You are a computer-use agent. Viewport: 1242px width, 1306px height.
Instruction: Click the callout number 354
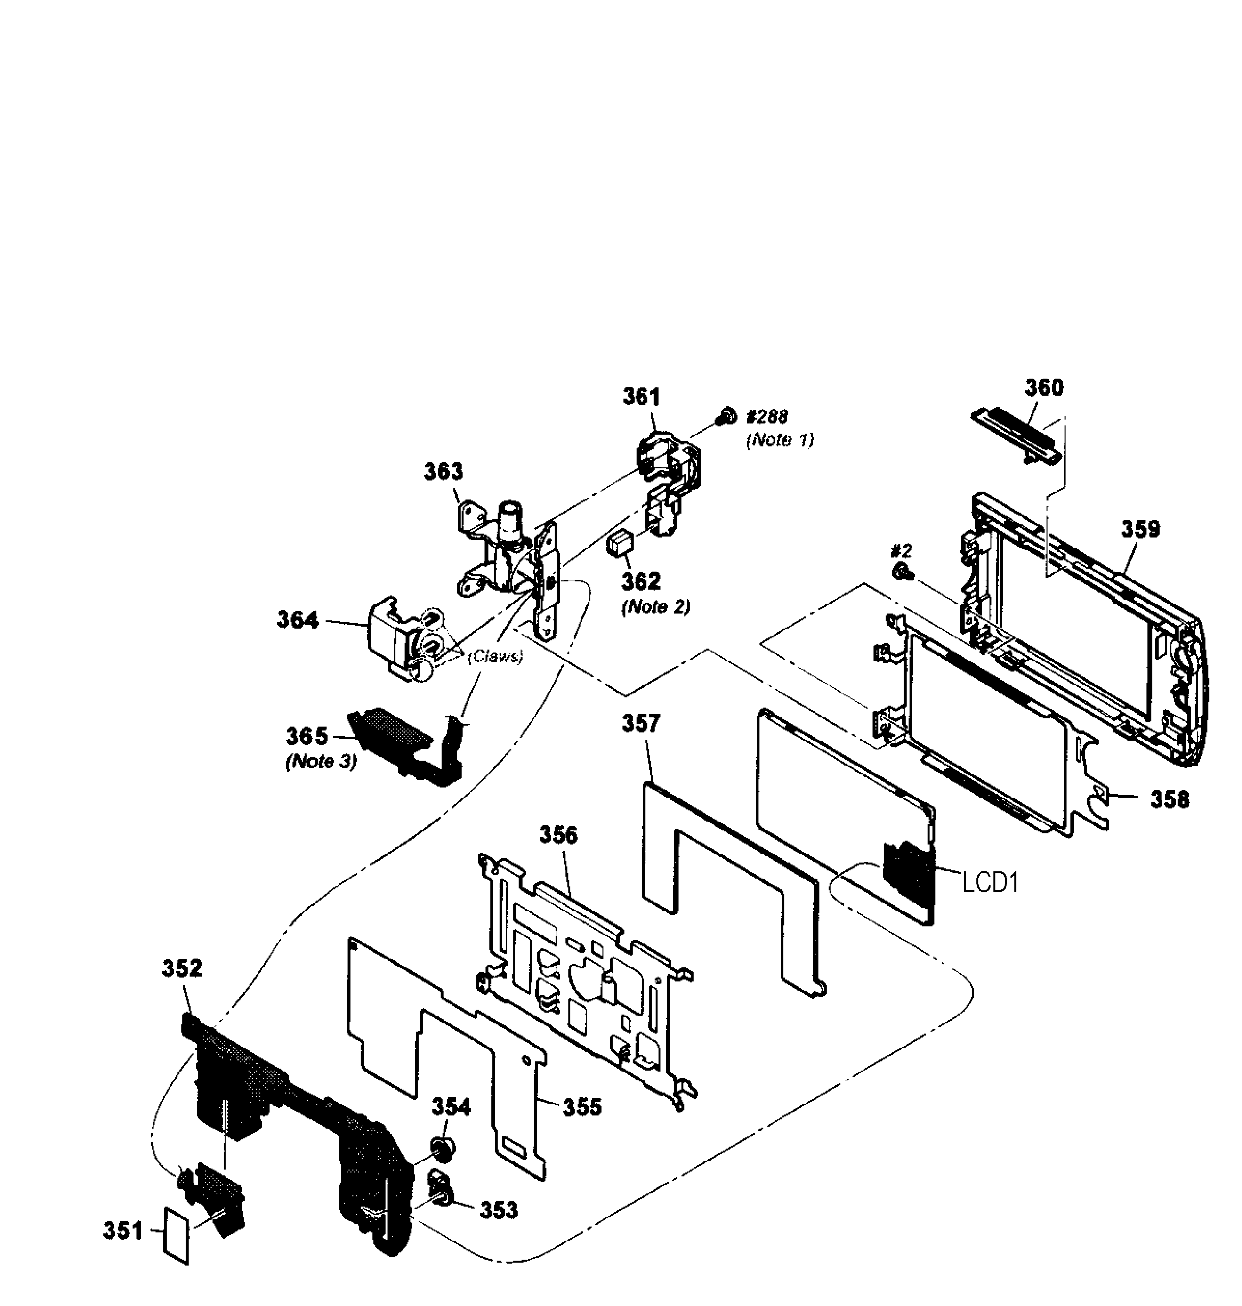coord(451,1106)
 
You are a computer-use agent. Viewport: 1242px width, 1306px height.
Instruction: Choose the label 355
coord(582,1106)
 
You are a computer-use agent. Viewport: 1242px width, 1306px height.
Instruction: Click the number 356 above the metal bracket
coord(558,835)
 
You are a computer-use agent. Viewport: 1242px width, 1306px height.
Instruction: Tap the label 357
coord(640,724)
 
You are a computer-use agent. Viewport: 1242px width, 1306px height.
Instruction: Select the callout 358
coord(1169,800)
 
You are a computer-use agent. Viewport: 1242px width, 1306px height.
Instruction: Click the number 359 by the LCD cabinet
coord(1140,530)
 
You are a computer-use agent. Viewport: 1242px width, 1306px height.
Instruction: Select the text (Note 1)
coord(779,440)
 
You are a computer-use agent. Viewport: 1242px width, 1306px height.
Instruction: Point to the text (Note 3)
coord(321,762)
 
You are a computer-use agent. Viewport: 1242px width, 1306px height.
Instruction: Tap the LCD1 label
coord(990,883)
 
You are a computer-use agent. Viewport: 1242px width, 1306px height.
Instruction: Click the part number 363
coord(443,471)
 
